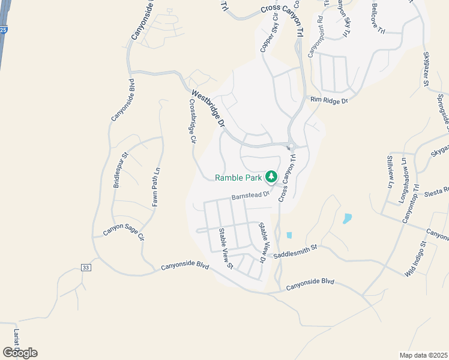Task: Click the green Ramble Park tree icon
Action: point(271,176)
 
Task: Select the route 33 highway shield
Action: point(86,268)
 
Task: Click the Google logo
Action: point(20,352)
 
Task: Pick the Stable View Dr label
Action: point(262,242)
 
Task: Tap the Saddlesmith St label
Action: point(295,251)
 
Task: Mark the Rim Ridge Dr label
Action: point(329,100)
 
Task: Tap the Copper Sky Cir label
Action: point(268,38)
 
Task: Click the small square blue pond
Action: point(289,235)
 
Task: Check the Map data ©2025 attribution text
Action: point(424,355)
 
